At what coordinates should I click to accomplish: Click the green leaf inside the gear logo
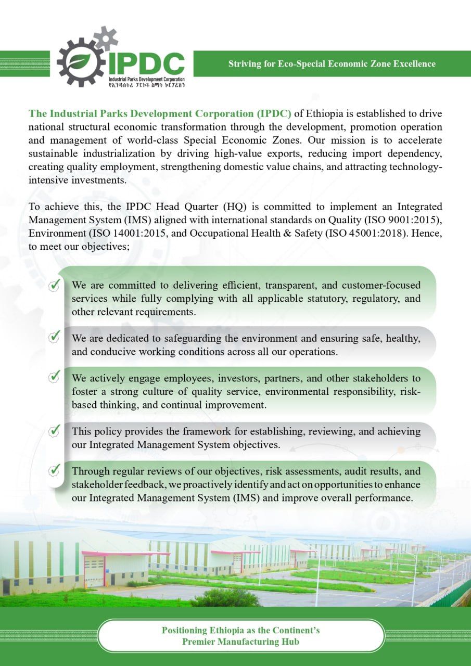click(79, 62)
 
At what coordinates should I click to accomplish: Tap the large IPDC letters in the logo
click(146, 64)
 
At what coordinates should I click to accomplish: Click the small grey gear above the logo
click(106, 37)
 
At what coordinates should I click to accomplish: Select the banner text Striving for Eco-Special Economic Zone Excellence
click(332, 64)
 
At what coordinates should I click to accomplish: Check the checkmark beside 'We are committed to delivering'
click(54, 285)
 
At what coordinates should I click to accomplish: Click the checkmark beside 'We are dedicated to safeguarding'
click(54, 337)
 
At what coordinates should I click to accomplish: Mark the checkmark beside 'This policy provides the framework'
click(54, 430)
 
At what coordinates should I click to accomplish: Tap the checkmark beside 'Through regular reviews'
click(54, 470)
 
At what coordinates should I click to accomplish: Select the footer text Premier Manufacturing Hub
click(240, 642)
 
